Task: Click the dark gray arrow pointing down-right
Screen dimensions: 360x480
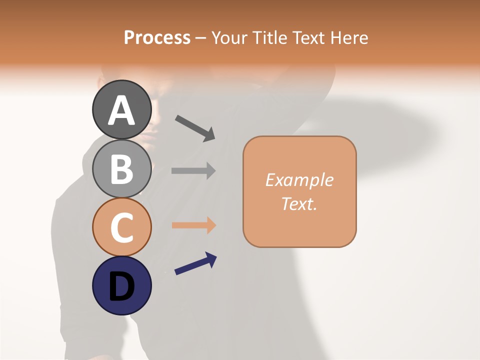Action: (195, 127)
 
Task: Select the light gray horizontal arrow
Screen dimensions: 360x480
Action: (193, 170)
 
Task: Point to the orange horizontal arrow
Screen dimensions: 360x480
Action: (193, 225)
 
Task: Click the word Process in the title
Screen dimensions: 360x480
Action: (157, 37)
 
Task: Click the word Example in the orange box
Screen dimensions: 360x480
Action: (299, 179)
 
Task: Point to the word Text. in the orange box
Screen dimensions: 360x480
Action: (299, 203)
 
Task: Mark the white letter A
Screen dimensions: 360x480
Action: (122, 111)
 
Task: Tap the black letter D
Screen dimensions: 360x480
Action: (122, 287)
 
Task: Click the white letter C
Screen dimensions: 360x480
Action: (122, 227)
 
